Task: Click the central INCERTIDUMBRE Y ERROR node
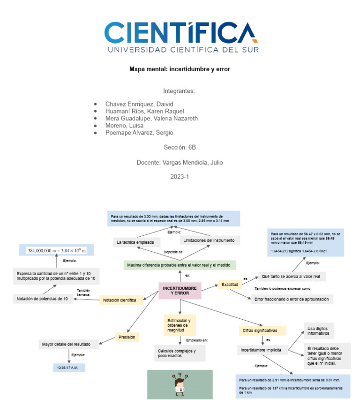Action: (180, 290)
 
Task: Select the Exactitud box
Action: (230, 285)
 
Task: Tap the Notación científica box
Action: (120, 300)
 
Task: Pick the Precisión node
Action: (127, 337)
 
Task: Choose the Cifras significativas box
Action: (257, 331)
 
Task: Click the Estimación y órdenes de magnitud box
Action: (179, 325)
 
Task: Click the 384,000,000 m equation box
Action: (56, 250)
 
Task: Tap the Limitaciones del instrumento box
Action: (210, 240)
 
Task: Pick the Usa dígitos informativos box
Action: (319, 331)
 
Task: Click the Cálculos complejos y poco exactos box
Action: (180, 353)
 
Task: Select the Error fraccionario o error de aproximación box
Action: (291, 299)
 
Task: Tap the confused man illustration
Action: (180, 384)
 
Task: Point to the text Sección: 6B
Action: (180, 147)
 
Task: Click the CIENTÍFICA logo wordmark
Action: (180, 33)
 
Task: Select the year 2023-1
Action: (180, 177)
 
